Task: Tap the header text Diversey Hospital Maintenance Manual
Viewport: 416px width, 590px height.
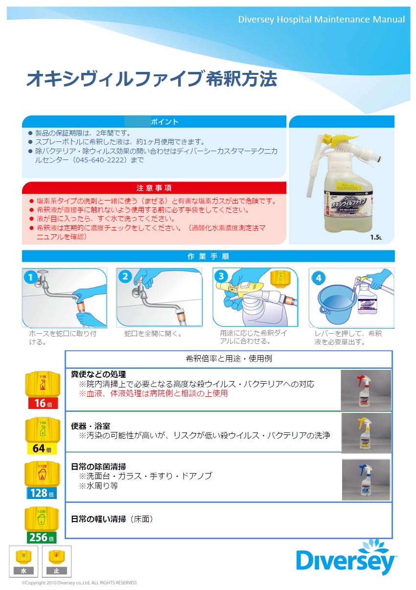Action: point(321,20)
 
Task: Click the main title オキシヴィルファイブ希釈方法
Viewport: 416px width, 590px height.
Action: point(151,79)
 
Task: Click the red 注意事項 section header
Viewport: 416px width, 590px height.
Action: point(154,188)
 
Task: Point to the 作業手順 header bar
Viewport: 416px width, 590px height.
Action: point(208,256)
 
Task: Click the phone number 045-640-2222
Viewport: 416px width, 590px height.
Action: point(100,160)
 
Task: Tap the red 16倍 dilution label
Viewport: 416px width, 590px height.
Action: point(43,403)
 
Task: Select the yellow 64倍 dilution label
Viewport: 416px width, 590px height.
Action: point(43,448)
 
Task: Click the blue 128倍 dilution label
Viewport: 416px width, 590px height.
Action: point(41,493)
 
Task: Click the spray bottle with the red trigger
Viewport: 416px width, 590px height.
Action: point(366,390)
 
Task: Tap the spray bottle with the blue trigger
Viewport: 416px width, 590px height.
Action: point(366,480)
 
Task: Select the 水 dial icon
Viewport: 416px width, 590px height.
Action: point(23,561)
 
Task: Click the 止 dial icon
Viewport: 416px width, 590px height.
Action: point(56,561)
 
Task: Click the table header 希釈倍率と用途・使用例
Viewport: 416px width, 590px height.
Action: point(229,359)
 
